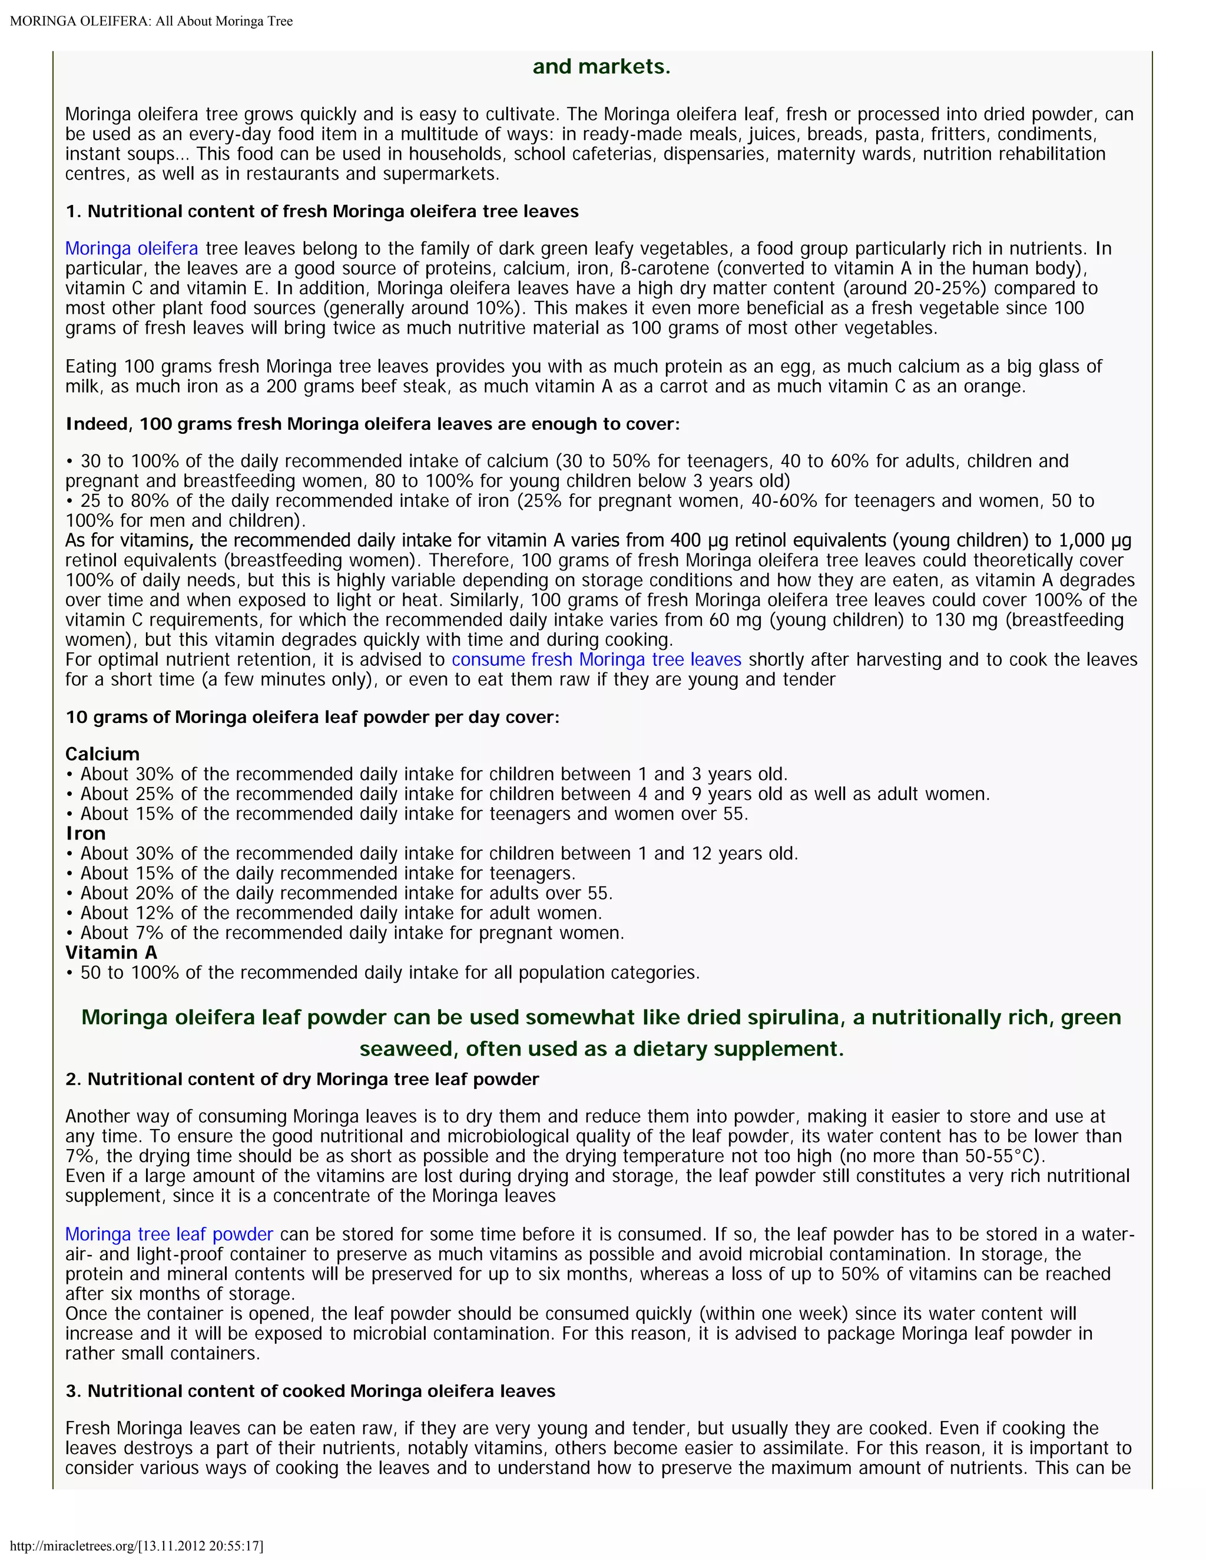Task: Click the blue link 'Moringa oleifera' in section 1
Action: (x=131, y=248)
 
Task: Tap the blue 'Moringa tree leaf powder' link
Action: (x=168, y=1234)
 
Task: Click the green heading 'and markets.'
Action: (x=602, y=67)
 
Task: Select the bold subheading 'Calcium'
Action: (x=102, y=754)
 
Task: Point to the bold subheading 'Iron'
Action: (x=86, y=834)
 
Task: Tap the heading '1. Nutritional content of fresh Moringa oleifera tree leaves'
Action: (x=322, y=211)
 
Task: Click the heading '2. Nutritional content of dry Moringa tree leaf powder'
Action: (x=301, y=1079)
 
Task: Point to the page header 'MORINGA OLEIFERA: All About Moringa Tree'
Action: (x=151, y=21)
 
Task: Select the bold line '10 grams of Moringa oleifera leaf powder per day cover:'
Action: (x=312, y=717)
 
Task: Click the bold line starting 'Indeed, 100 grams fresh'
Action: (x=372, y=424)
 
